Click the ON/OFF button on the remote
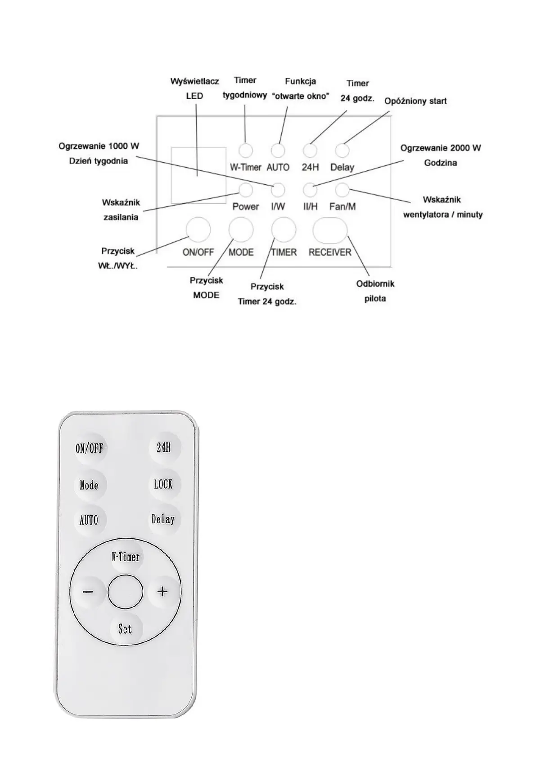pyautogui.click(x=89, y=448)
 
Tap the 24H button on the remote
pyautogui.click(x=164, y=448)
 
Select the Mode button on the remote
pyautogui.click(x=89, y=485)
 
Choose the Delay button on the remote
pyautogui.click(x=163, y=519)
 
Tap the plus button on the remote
pyautogui.click(x=163, y=591)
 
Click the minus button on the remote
pyautogui.click(x=88, y=591)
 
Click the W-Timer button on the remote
pyautogui.click(x=126, y=558)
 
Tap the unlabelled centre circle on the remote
pyautogui.click(x=126, y=592)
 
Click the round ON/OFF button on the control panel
pyautogui.click(x=198, y=229)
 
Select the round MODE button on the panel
pyautogui.click(x=241, y=229)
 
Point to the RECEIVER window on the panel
pyautogui.click(x=330, y=230)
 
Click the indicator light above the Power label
pyautogui.click(x=245, y=190)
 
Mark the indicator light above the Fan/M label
pyautogui.click(x=342, y=190)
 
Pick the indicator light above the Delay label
pyautogui.click(x=342, y=150)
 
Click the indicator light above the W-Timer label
pyautogui.click(x=245, y=150)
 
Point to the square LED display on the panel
pyautogui.click(x=198, y=175)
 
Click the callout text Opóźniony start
pyautogui.click(x=415, y=101)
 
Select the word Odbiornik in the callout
pyautogui.click(x=375, y=283)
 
